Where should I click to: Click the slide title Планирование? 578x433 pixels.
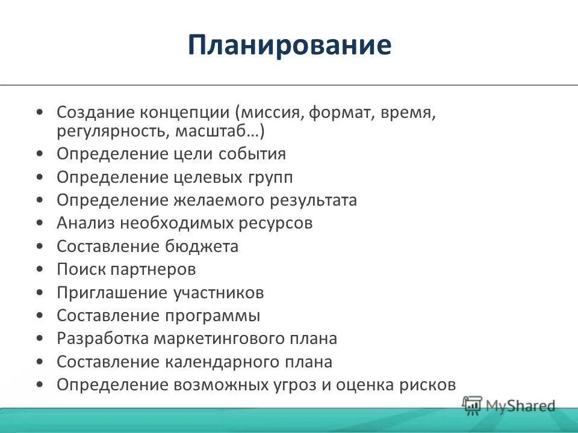pos(289,46)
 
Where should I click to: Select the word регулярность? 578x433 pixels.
pos(106,131)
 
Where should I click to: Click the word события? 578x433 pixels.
pos(252,154)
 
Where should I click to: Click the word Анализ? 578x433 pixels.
pos(85,223)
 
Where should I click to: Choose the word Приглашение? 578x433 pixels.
pos(111,293)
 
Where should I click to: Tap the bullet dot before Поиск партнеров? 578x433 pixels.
pos(39,269)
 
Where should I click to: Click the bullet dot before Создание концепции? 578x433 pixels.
pos(39,112)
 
